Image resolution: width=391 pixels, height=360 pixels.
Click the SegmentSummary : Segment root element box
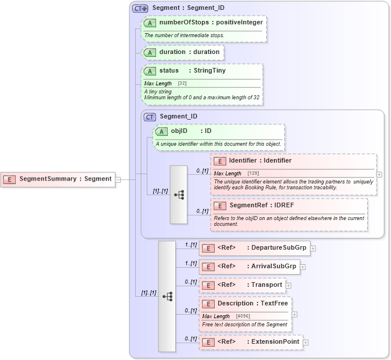[x=58, y=179]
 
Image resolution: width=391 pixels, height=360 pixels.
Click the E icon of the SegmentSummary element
[x=10, y=179]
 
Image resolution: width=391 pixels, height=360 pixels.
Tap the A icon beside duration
[x=150, y=52]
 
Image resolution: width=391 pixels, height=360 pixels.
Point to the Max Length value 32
[x=182, y=84]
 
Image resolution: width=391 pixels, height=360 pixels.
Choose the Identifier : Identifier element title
[x=260, y=161]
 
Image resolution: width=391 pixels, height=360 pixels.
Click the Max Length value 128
[x=253, y=174]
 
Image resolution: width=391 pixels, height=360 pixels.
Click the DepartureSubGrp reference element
[x=255, y=248]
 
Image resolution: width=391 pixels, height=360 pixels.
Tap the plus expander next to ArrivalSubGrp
[x=303, y=267]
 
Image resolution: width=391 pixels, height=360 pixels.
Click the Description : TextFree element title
[x=252, y=304]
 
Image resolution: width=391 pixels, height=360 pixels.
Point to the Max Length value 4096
[x=243, y=316]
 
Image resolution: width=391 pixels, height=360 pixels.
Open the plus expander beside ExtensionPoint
[x=306, y=343]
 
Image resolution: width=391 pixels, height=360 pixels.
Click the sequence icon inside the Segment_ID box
[x=179, y=195]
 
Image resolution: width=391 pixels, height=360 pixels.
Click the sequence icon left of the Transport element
[x=167, y=296]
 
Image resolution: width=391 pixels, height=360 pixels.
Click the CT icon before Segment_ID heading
[x=150, y=117]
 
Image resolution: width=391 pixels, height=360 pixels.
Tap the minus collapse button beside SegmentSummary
[x=118, y=179]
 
